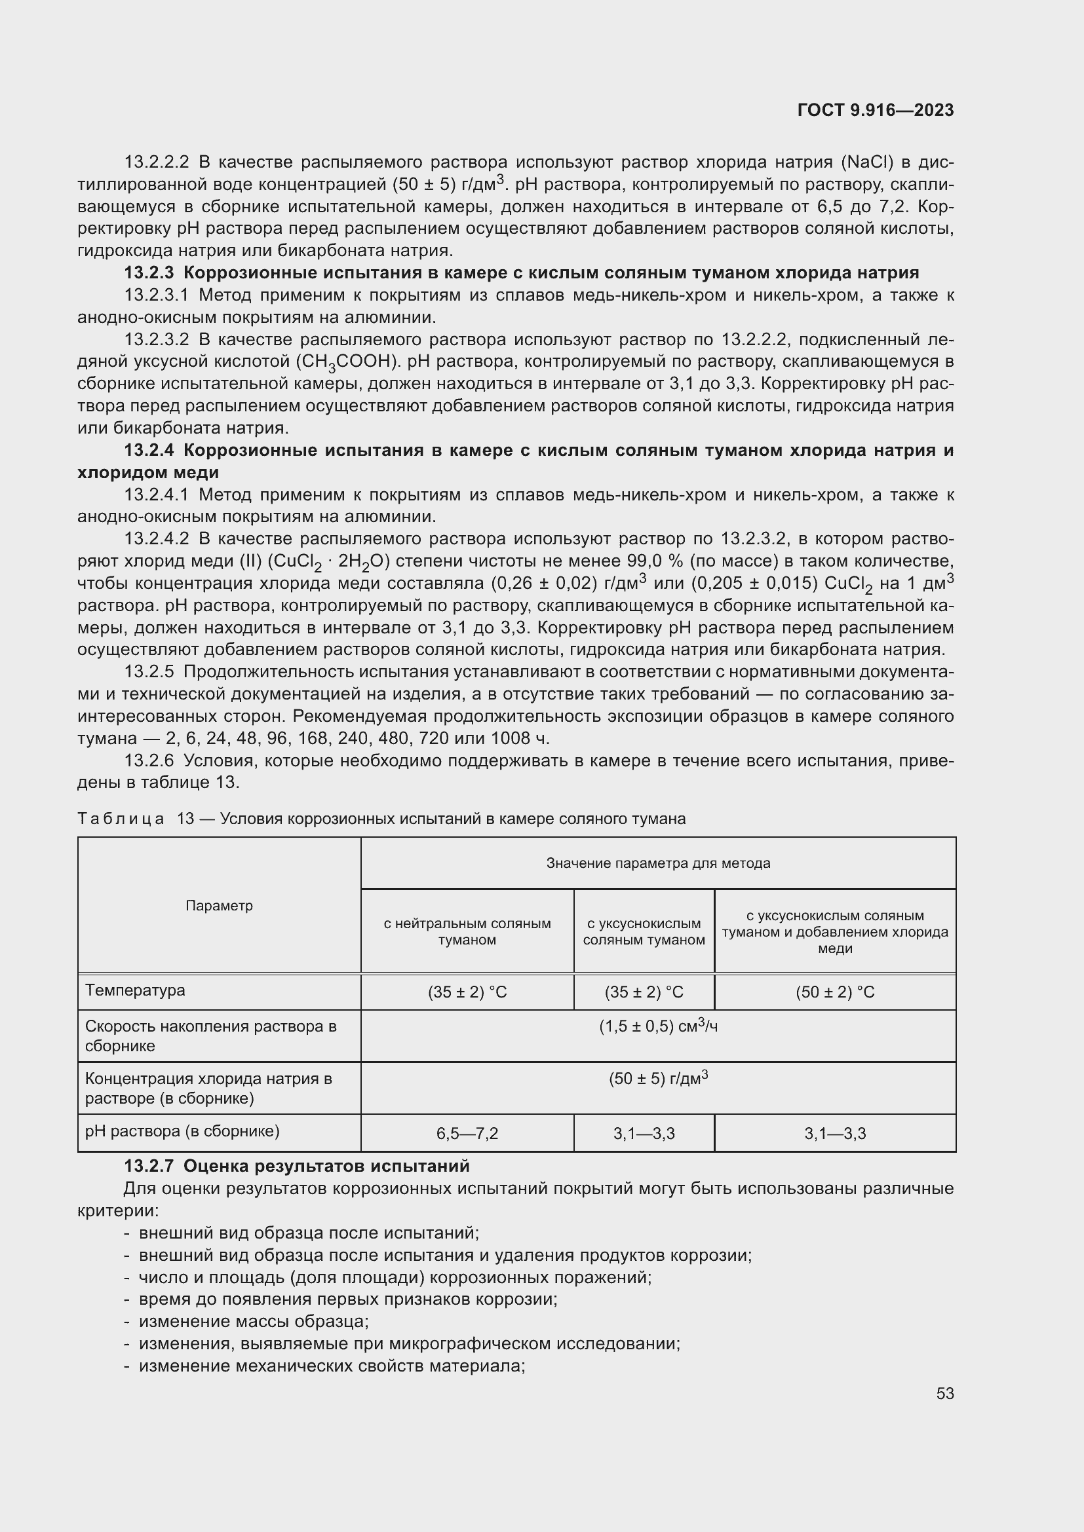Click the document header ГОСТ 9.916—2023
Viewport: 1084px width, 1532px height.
click(875, 111)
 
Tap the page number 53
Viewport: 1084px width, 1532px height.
click(944, 1393)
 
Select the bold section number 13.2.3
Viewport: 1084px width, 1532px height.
click(149, 273)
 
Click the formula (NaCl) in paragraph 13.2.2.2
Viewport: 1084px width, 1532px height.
click(866, 162)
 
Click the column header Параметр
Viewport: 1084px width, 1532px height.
click(219, 905)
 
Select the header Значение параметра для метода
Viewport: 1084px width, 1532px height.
click(657, 863)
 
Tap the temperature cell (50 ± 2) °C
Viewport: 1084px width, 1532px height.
click(834, 992)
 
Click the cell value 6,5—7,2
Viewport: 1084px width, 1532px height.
click(467, 1134)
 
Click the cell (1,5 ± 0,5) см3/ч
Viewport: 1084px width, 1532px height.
click(657, 1027)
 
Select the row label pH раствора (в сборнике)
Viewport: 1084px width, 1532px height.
click(182, 1131)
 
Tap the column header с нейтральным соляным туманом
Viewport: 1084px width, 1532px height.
click(467, 931)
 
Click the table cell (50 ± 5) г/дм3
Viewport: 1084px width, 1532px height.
click(657, 1079)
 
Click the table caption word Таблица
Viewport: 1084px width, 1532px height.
click(121, 819)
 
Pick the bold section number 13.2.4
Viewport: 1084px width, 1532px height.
click(149, 451)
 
